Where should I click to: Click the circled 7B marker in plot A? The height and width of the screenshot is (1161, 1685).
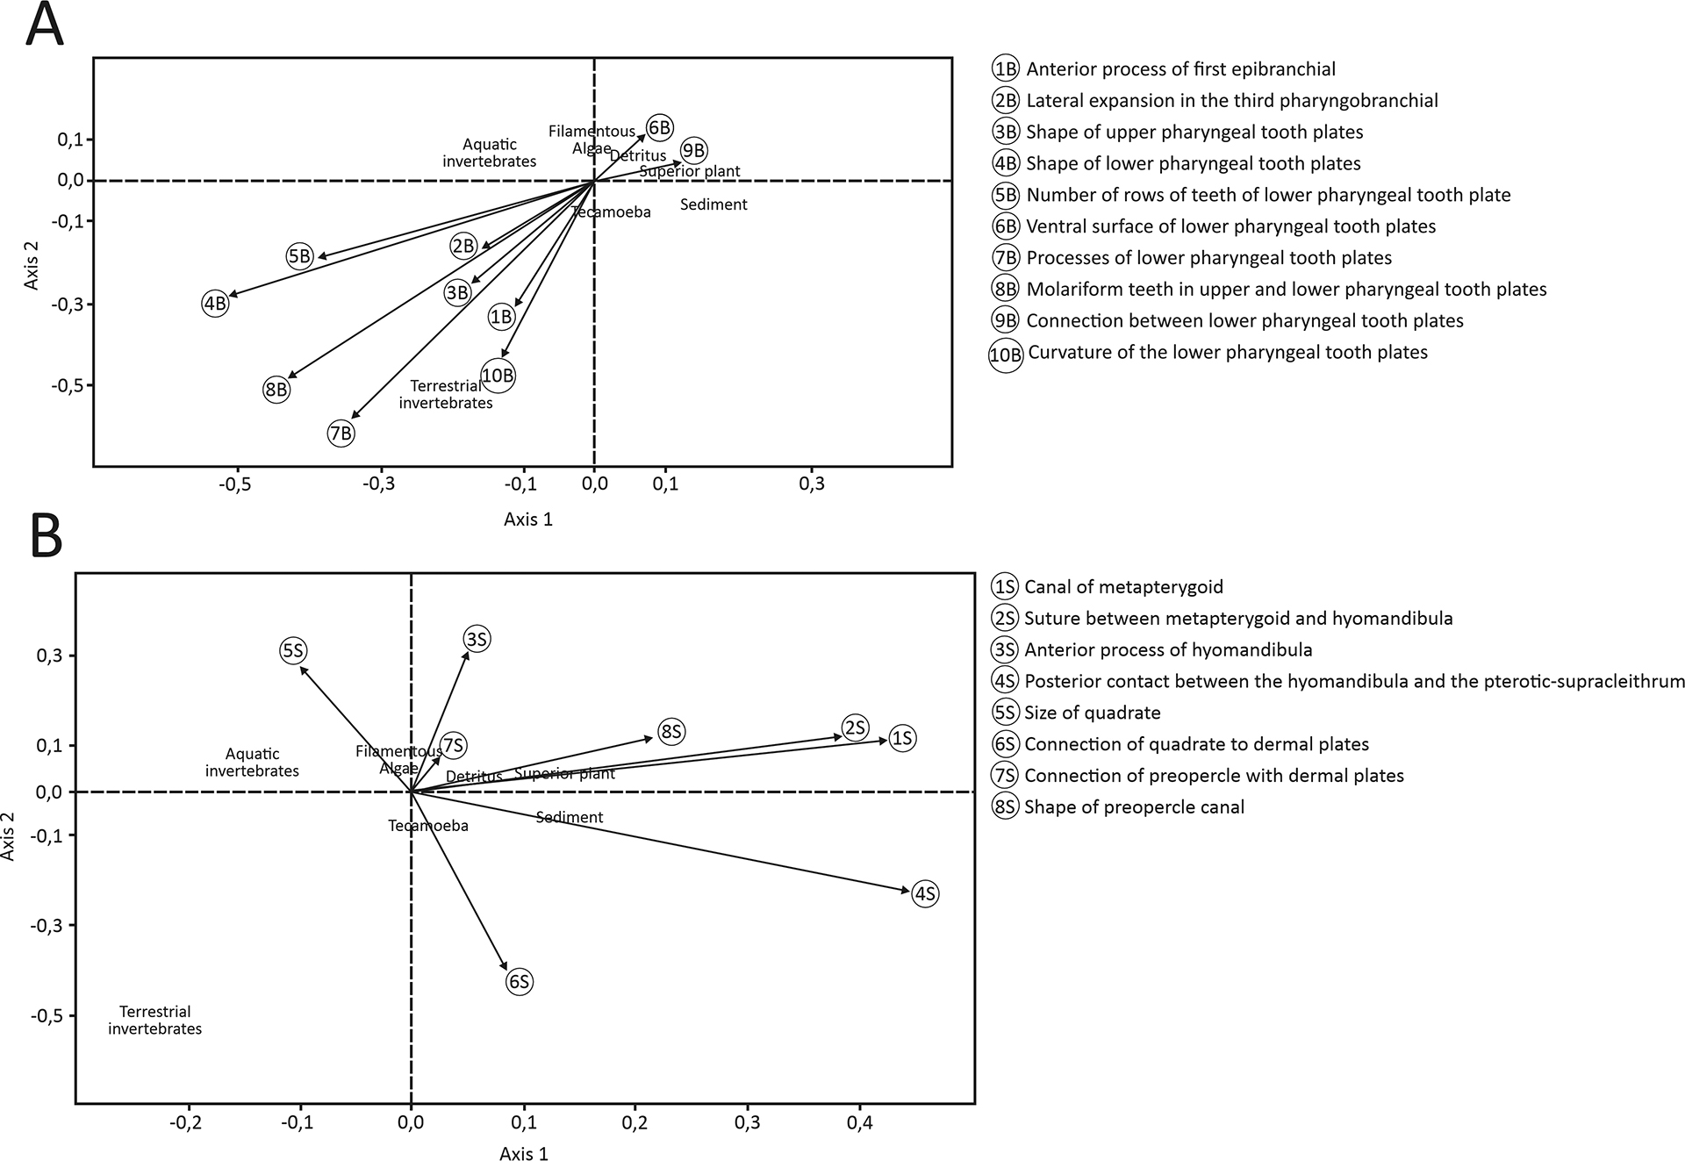point(341,433)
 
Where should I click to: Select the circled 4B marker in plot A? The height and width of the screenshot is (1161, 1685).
point(215,304)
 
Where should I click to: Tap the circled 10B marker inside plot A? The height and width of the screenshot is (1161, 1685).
point(498,376)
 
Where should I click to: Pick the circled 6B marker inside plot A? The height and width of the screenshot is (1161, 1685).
point(659,128)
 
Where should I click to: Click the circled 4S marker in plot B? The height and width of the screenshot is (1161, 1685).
point(925,893)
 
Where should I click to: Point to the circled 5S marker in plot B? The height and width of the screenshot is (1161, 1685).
point(293,651)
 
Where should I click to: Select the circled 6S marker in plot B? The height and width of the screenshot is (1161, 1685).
point(520,981)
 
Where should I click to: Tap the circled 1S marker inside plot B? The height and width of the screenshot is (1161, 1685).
point(902,738)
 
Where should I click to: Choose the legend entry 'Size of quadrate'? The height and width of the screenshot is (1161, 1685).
point(1092,713)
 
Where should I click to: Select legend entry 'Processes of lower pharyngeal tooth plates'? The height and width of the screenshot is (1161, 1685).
point(1208,258)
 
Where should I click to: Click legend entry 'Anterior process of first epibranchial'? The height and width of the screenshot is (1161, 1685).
point(1180,69)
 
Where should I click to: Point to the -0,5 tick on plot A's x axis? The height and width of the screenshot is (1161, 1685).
point(235,484)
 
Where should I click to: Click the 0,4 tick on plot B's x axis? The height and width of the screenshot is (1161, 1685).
point(859,1122)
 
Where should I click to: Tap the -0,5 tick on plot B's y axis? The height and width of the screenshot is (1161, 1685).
point(48,1015)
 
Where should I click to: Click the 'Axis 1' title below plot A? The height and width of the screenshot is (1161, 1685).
point(528,520)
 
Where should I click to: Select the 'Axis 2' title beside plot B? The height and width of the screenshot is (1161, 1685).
point(9,836)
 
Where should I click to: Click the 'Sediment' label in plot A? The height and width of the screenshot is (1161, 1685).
point(713,204)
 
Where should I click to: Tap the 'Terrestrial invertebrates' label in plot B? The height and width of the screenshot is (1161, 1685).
point(155,1020)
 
